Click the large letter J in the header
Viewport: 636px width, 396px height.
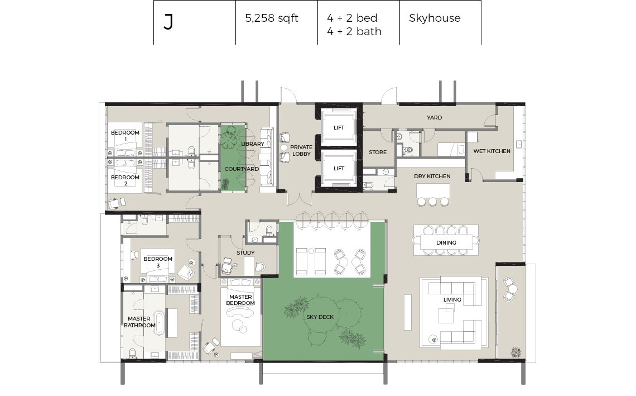click(168, 22)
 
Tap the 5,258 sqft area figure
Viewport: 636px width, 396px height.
click(271, 18)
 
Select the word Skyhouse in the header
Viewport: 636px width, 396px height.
click(435, 18)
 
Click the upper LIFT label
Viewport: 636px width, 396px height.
click(339, 127)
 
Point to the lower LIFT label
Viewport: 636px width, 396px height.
click(339, 168)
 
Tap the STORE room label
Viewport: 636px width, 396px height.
click(378, 152)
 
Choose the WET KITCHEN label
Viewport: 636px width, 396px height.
click(492, 151)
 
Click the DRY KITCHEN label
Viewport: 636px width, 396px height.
click(432, 176)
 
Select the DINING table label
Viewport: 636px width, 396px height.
click(446, 243)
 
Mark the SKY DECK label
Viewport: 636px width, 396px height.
click(320, 317)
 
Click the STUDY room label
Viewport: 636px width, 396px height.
click(245, 252)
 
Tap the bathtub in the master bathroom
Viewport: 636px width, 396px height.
click(159, 323)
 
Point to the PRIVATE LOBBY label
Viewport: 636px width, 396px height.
click(301, 151)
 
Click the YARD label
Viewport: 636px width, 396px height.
click(435, 117)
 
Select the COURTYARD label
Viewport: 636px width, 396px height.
click(242, 169)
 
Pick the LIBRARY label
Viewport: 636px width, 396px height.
click(252, 144)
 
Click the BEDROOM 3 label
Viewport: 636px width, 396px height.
click(158, 262)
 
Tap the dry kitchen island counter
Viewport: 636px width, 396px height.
click(433, 190)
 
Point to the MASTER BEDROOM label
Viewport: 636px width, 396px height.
click(240, 300)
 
